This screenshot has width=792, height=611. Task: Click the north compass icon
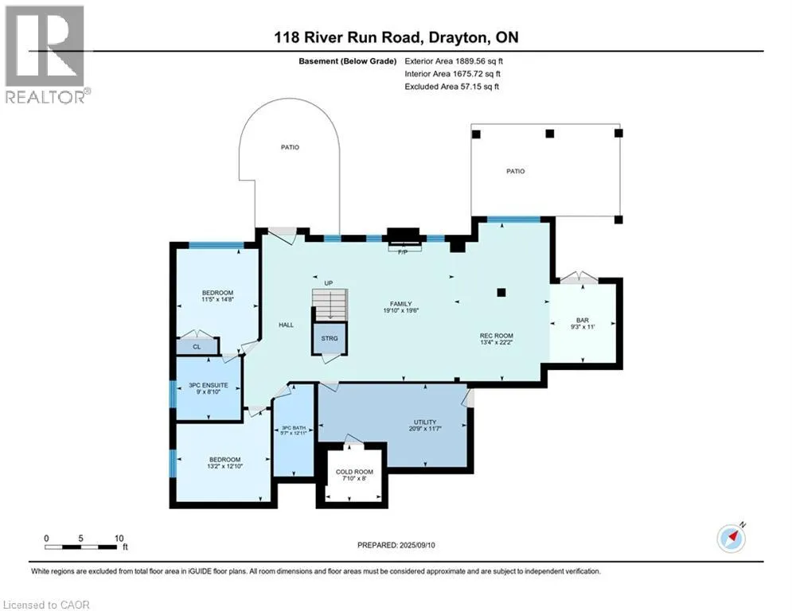(732, 539)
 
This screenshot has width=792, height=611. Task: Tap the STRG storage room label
(330, 338)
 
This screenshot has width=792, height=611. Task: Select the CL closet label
(197, 347)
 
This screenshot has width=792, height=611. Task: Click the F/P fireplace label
(403, 252)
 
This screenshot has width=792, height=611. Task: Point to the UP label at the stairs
(329, 283)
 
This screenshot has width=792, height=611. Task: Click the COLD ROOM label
(354, 472)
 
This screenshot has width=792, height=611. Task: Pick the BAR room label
(583, 320)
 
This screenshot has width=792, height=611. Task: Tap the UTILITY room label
(425, 422)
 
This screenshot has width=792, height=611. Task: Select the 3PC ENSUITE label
(208, 385)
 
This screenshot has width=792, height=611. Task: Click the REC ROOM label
(497, 336)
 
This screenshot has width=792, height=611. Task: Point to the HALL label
(286, 325)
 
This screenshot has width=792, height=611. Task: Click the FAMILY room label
(400, 304)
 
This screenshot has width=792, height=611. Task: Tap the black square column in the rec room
(501, 292)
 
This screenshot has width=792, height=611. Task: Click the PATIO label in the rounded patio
(290, 147)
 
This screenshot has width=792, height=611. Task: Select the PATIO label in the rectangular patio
(516, 171)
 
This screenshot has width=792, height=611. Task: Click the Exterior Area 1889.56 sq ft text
(454, 61)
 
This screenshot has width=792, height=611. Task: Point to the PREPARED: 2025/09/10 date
(396, 545)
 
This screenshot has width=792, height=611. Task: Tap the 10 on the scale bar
(119, 539)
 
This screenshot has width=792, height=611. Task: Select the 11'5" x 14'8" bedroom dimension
(217, 299)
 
